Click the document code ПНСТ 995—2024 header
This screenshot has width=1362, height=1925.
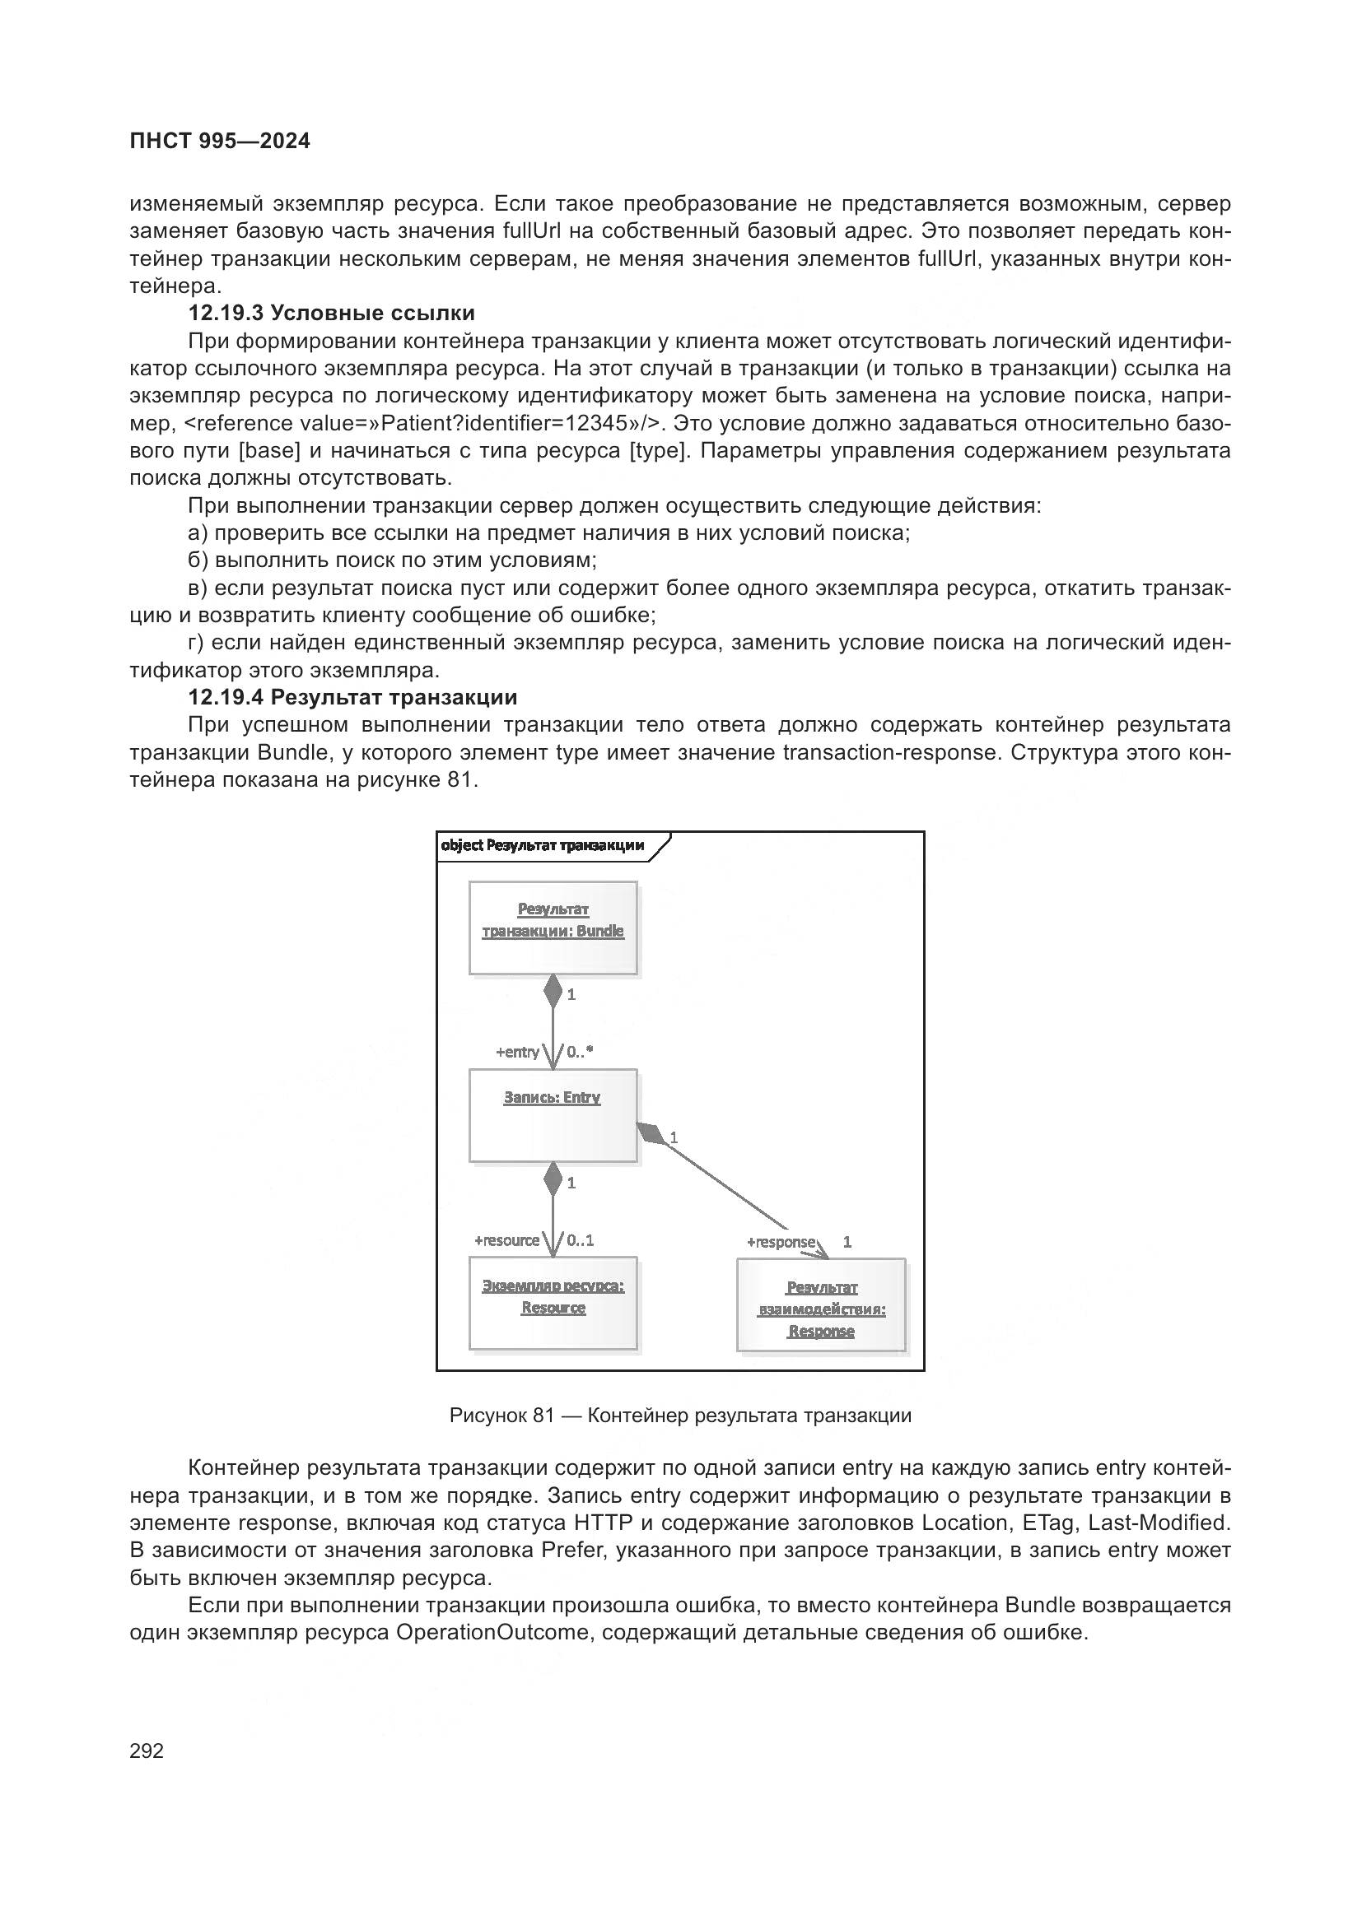pos(220,142)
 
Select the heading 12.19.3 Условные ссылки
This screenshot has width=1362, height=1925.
pos(331,313)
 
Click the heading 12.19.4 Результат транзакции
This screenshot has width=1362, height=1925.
pos(352,697)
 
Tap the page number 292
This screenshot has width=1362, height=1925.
pos(147,1751)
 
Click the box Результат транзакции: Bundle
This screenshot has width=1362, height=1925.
pos(553,928)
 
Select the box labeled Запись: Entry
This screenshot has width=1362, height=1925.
pos(553,1115)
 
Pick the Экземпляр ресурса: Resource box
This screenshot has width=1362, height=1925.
pos(553,1303)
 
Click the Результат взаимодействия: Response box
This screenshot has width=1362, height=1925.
pos(821,1304)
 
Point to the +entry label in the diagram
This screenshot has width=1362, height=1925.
pos(517,1053)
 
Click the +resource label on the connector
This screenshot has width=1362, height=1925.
pos(506,1240)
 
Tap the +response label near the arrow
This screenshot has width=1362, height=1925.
pos(781,1242)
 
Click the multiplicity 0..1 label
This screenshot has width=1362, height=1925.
pos(580,1240)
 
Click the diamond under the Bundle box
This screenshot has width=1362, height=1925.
pos(553,991)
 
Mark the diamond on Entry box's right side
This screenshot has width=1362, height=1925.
pos(650,1132)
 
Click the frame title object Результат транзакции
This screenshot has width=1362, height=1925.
pos(543,845)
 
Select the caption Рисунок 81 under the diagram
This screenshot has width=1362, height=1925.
pos(680,1416)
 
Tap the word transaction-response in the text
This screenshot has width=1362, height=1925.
pos(891,752)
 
